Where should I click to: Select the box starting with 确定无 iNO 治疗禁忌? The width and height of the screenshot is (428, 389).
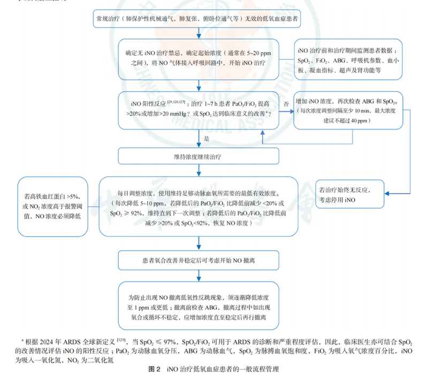198,58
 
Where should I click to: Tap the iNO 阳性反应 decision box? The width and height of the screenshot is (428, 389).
198,109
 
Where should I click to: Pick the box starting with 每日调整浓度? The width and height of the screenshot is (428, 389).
198,207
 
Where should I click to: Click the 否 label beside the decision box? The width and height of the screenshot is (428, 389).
286,103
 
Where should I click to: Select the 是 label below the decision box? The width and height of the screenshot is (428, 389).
207,138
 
